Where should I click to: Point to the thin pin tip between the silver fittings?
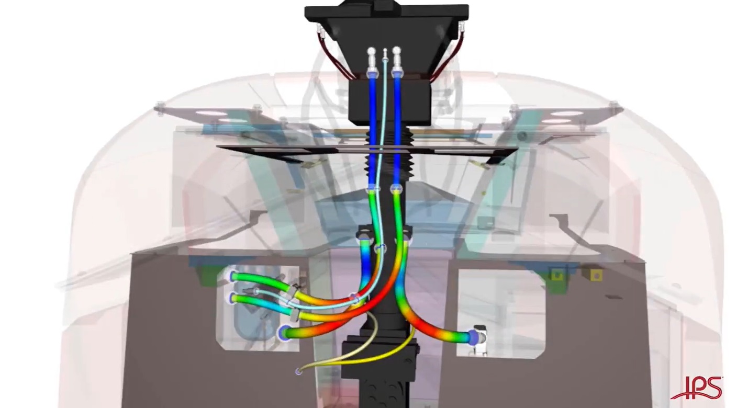tap(385, 51)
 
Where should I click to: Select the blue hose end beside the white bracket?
tap(474, 336)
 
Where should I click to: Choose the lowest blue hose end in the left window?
tap(284, 333)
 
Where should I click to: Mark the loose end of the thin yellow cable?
tap(298, 372)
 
